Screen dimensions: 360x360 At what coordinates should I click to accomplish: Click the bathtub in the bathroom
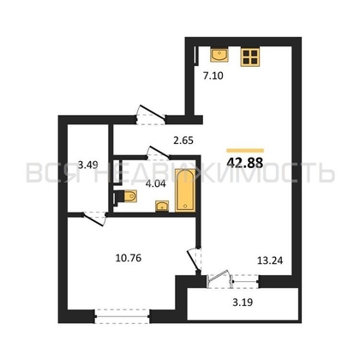184,190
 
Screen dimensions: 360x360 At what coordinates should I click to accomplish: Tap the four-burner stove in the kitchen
251,57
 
